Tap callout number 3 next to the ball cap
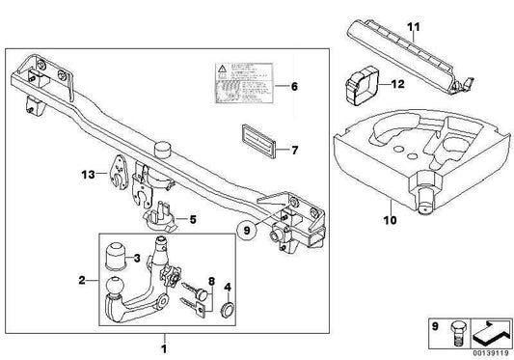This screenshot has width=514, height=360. pyautogui.click(x=138, y=258)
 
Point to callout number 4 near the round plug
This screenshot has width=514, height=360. pyautogui.click(x=228, y=287)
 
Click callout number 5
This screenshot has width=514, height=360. pyautogui.click(x=194, y=219)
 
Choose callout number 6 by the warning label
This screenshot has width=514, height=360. pyautogui.click(x=295, y=86)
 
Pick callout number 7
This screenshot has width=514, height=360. pyautogui.click(x=295, y=150)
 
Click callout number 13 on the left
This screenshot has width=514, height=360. pyautogui.click(x=90, y=176)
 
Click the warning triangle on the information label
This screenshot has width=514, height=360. pyautogui.click(x=222, y=71)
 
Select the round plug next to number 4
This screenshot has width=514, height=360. pyautogui.click(x=228, y=310)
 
